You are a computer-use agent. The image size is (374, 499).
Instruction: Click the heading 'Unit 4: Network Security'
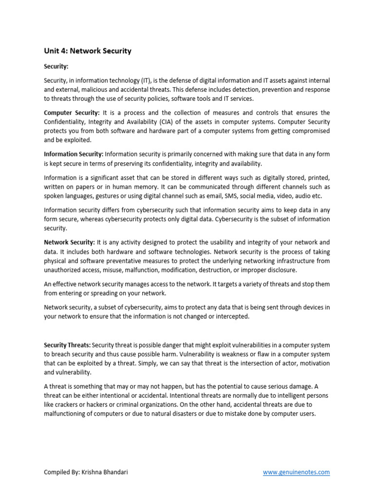pyautogui.click(x=88, y=51)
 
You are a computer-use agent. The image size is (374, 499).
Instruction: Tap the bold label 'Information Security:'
pyautogui.click(x=74, y=154)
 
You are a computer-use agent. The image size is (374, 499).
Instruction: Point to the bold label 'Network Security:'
pyautogui.click(x=69, y=242)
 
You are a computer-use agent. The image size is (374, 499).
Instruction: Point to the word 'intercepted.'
pyautogui.click(x=234, y=316)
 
